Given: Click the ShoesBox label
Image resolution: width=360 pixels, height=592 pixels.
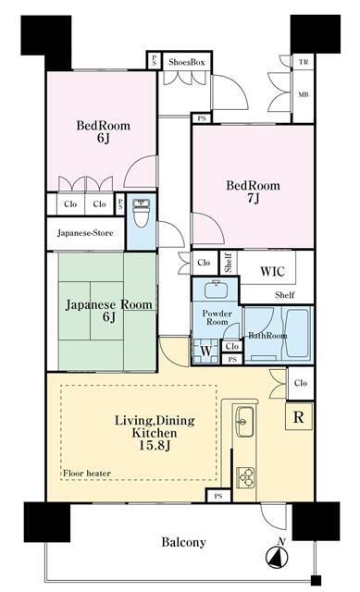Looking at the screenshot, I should pyautogui.click(x=186, y=61).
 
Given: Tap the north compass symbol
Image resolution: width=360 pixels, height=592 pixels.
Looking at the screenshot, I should pyautogui.click(x=277, y=556).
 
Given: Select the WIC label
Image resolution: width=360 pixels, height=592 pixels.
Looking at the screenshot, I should pyautogui.click(x=271, y=271).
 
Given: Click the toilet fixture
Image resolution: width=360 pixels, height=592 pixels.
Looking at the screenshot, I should pyautogui.click(x=140, y=216).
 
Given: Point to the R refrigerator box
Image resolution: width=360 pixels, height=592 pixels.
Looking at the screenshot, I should pyautogui.click(x=298, y=417).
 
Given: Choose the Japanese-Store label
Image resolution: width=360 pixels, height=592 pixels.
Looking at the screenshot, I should pyautogui.click(x=85, y=233).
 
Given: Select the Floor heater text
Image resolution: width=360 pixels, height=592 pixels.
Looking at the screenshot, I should pyautogui.click(x=87, y=474).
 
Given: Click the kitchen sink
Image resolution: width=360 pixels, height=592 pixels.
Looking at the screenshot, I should pyautogui.click(x=244, y=422).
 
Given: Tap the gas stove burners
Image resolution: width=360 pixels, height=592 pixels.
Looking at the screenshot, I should pyautogui.click(x=246, y=476).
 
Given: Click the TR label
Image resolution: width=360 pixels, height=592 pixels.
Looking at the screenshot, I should pyautogui.click(x=303, y=62).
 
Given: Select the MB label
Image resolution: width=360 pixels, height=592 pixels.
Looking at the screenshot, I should pyautogui.click(x=303, y=93).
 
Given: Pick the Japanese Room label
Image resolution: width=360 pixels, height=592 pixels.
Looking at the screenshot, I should pyautogui.click(x=108, y=303).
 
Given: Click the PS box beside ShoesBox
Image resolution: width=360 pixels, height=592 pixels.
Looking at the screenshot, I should pyautogui.click(x=154, y=61).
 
